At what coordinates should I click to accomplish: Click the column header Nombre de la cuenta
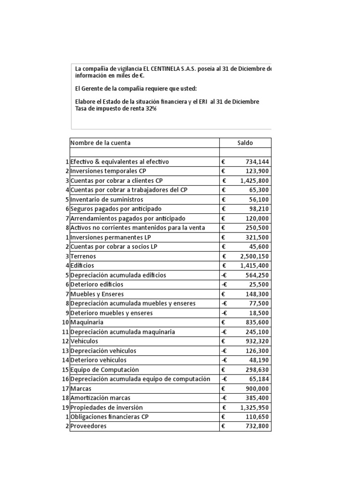tap(100, 142)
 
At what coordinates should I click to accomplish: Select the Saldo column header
tap(245, 142)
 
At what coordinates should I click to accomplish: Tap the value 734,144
tap(257, 162)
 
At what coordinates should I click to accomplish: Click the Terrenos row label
tap(82, 256)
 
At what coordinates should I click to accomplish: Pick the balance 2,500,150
tap(254, 256)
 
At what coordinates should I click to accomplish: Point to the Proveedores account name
tap(89, 426)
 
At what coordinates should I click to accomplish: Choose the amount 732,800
tap(257, 426)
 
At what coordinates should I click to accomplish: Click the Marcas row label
tap(81, 389)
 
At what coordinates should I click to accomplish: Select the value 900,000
tap(257, 389)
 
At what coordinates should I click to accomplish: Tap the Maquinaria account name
tap(87, 322)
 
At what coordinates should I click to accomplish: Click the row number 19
tap(66, 407)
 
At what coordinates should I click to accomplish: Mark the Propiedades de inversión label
tap(106, 407)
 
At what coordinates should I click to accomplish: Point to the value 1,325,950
tap(254, 407)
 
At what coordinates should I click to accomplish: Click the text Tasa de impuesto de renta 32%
tap(115, 109)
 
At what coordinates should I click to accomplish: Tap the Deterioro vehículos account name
tap(98, 360)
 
